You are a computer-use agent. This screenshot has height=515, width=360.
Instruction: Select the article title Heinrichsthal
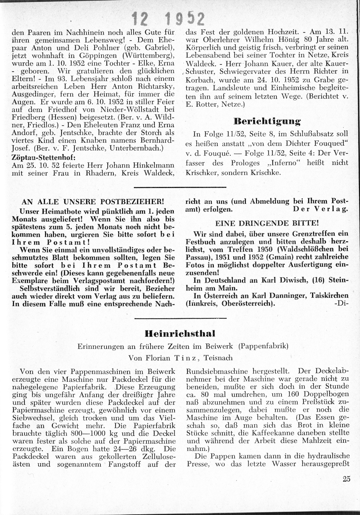point(180,333)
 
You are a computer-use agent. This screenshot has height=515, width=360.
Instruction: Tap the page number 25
point(347,479)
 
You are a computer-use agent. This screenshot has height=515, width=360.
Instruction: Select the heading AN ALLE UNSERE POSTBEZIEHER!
point(93,202)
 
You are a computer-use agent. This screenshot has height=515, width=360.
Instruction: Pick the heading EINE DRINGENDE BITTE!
point(267,223)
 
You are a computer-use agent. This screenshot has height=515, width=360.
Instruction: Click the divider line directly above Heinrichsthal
point(180,318)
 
